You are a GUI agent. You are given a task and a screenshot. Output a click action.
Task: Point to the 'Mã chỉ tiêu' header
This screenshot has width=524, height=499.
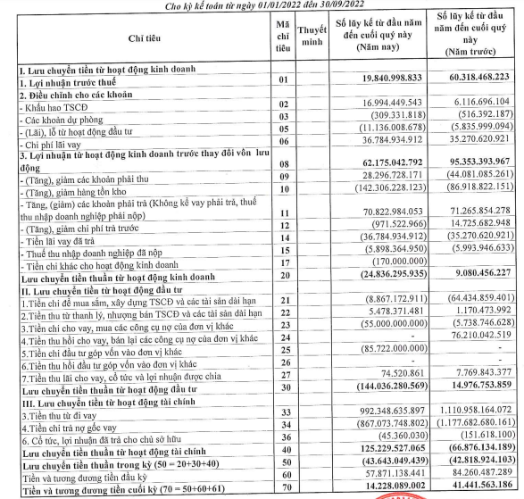point(282,38)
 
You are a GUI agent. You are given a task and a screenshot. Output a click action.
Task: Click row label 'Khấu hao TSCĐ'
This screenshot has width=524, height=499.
point(46,105)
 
